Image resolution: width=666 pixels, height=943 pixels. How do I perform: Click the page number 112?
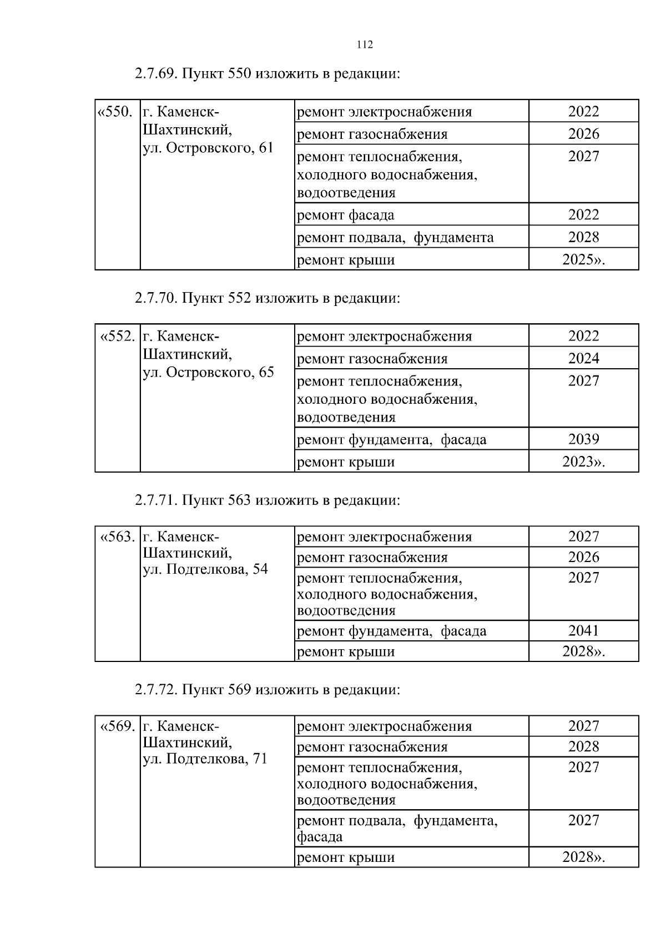click(x=365, y=45)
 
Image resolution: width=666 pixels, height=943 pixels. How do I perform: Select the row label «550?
click(x=115, y=112)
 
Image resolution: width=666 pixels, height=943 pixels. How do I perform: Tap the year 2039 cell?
click(x=583, y=439)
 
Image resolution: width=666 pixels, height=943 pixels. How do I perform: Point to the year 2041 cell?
click(x=583, y=630)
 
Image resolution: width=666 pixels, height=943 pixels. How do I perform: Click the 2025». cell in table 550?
click(x=583, y=259)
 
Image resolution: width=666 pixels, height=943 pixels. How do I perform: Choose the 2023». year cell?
click(x=583, y=462)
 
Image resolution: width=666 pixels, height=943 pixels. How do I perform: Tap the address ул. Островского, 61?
click(x=208, y=148)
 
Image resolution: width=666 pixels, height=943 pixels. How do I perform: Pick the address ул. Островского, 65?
click(x=208, y=372)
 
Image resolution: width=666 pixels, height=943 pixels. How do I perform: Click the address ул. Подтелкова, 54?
click(x=205, y=569)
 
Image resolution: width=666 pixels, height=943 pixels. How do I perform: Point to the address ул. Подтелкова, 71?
click(x=205, y=759)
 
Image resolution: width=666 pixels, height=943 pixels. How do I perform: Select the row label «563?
click(x=117, y=537)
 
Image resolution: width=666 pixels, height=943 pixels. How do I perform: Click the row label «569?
click(x=117, y=726)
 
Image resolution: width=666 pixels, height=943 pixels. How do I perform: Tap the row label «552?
click(x=117, y=337)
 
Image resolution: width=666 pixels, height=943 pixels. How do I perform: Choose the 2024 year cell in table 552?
click(x=583, y=358)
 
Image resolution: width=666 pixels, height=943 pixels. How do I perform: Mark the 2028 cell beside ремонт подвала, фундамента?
click(x=583, y=237)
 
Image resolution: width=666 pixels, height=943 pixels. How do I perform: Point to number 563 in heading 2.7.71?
click(x=240, y=500)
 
